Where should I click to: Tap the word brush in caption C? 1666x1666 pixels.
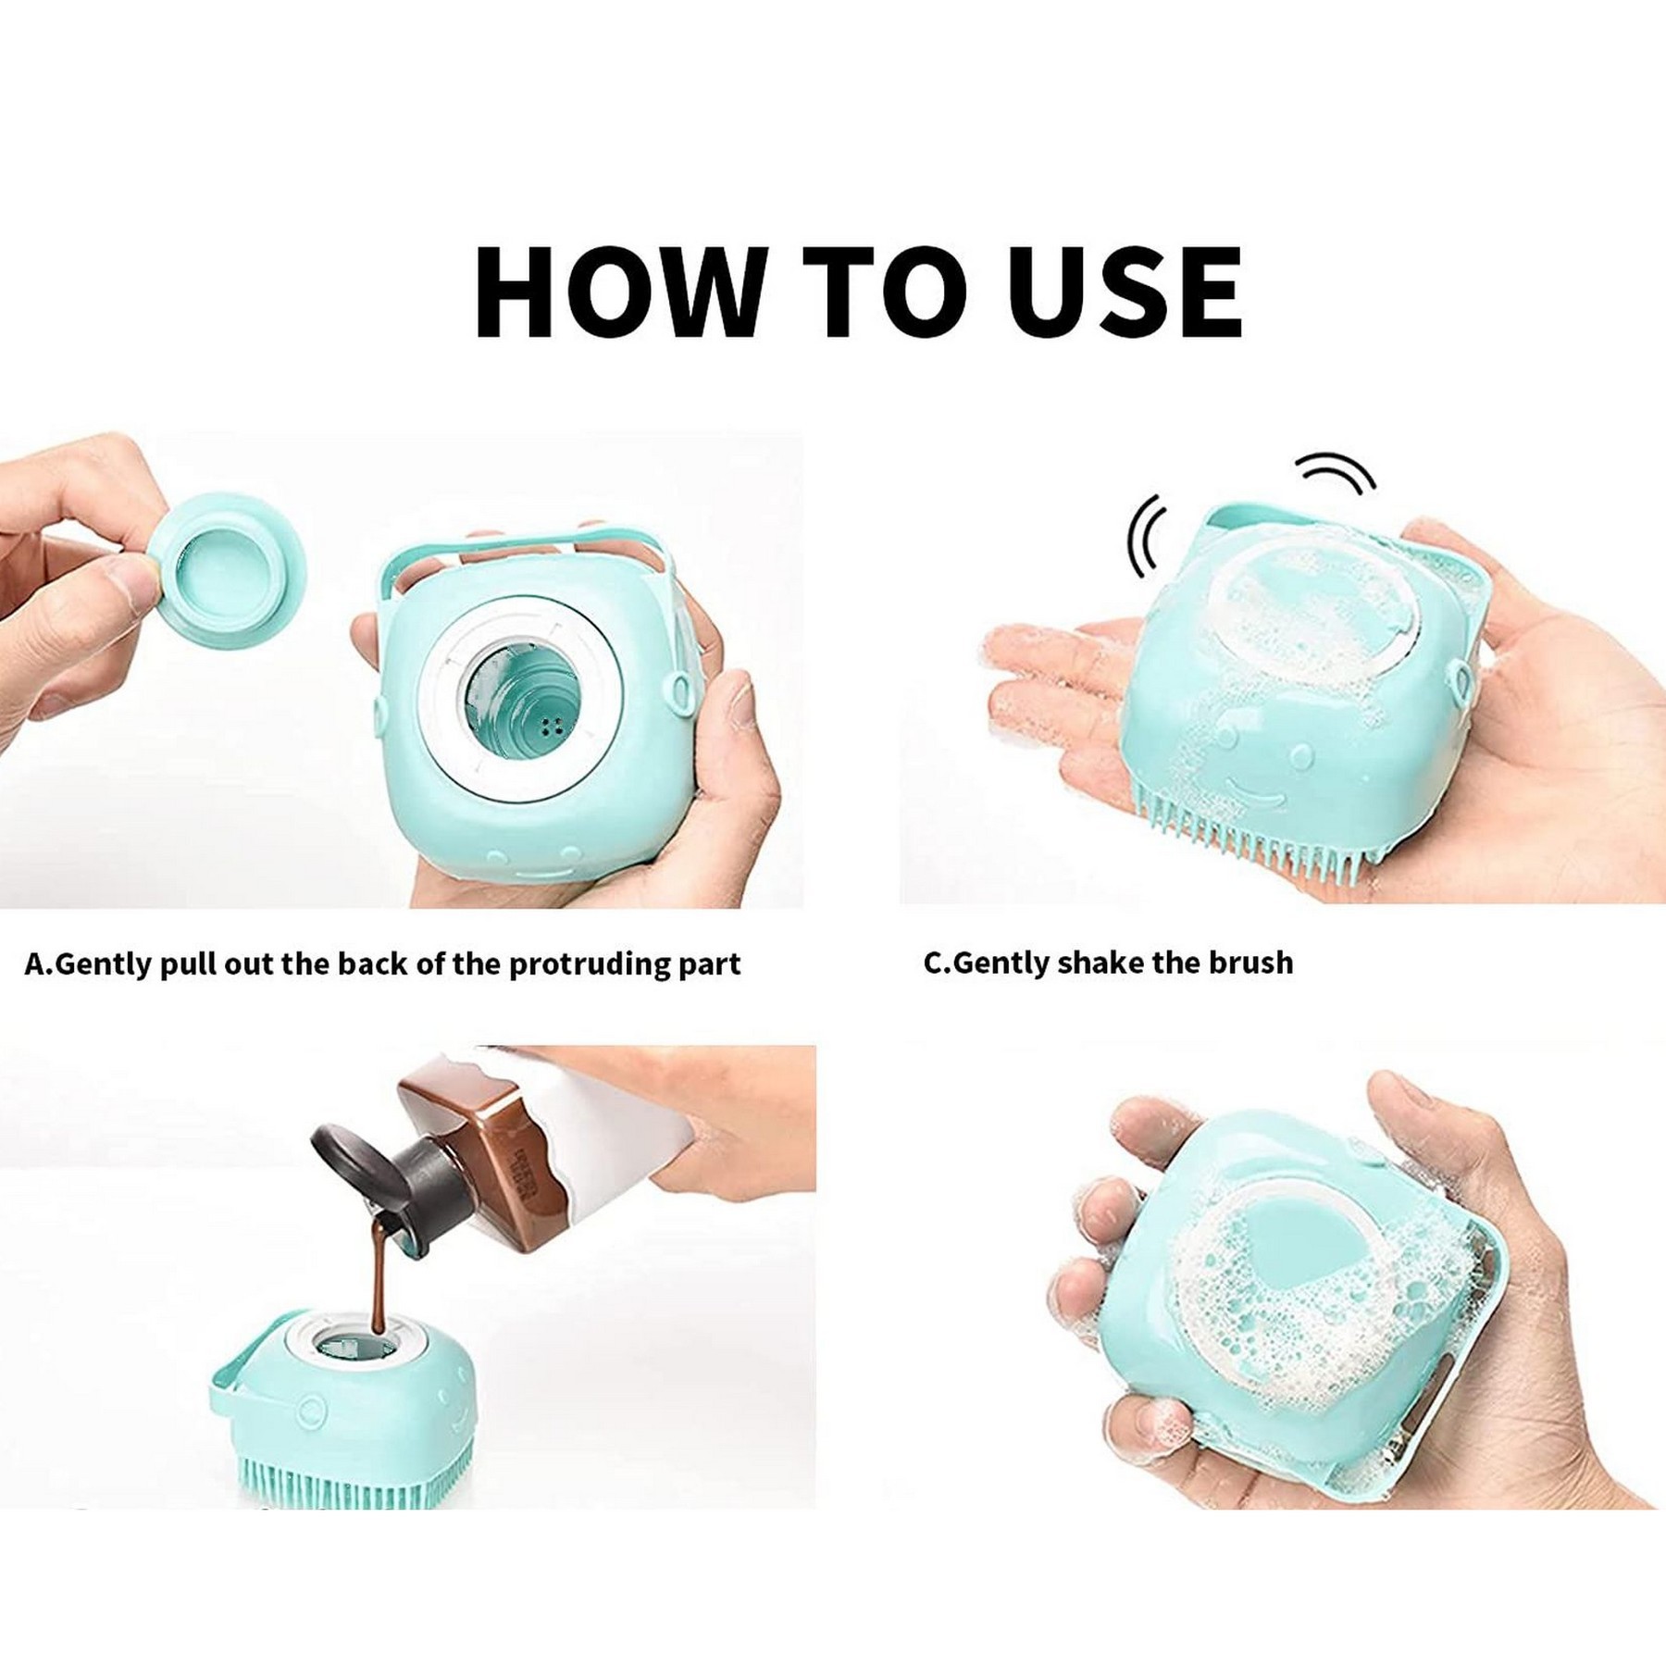tap(1251, 963)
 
